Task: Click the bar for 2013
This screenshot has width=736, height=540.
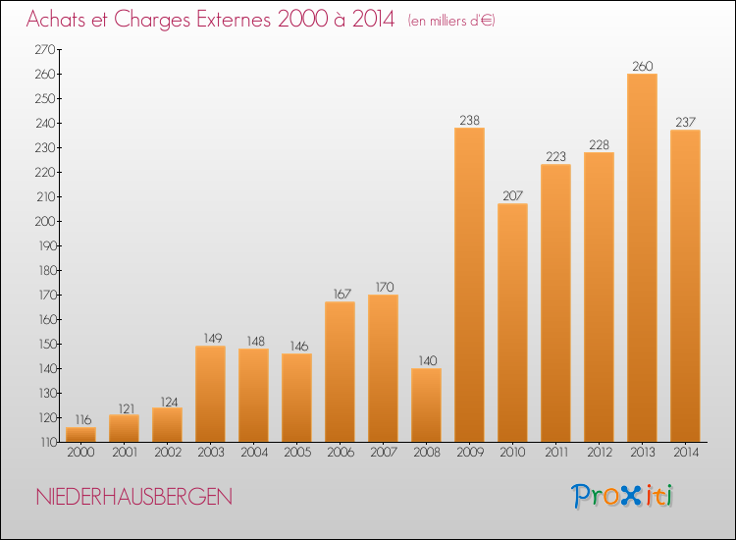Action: (642, 257)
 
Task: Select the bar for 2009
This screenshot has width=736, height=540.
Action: (469, 285)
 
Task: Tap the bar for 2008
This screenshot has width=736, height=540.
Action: (426, 405)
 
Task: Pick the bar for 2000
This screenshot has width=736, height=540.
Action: (80, 434)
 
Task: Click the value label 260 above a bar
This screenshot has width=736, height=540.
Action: (642, 67)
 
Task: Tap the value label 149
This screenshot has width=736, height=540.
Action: (210, 338)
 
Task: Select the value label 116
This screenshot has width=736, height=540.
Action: (80, 419)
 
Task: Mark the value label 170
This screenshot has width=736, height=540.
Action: (383, 287)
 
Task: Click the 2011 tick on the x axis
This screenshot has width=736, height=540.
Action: (555, 454)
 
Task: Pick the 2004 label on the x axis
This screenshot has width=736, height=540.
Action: (253, 454)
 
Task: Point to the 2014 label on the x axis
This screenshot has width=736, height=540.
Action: (685, 454)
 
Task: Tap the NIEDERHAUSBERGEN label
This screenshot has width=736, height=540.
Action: (133, 497)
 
